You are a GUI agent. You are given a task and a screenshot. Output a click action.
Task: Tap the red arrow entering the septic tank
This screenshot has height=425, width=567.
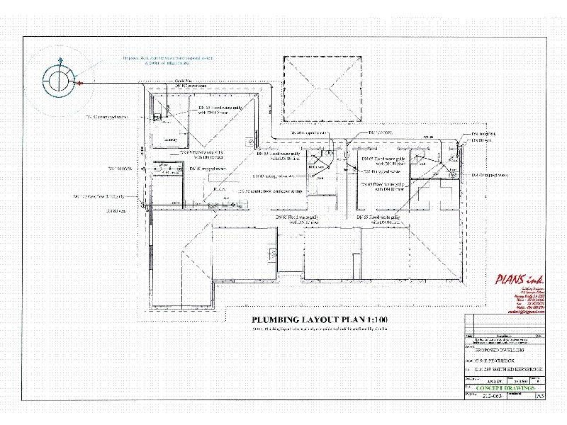(80, 84)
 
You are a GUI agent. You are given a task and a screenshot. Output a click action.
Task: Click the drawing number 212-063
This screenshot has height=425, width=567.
(495, 397)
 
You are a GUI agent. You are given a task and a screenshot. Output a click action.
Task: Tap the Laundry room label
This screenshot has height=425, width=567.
(170, 140)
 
